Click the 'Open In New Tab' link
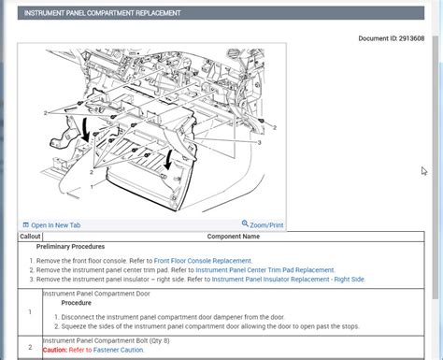(54, 225)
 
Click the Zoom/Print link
(263, 225)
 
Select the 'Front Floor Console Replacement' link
(202, 261)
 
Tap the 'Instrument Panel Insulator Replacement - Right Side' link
(288, 279)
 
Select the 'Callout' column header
(30, 237)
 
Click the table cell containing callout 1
(30, 311)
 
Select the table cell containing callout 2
(30, 346)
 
